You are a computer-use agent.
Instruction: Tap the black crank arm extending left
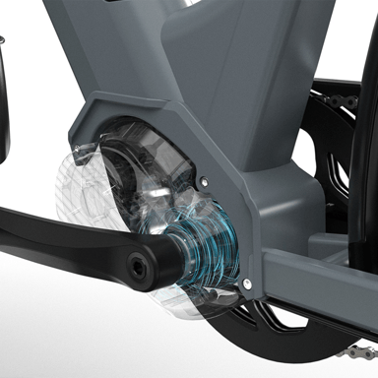click(49, 236)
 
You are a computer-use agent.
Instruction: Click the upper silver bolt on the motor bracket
click(204, 180)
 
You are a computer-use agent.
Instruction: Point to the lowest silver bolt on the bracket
click(246, 284)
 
